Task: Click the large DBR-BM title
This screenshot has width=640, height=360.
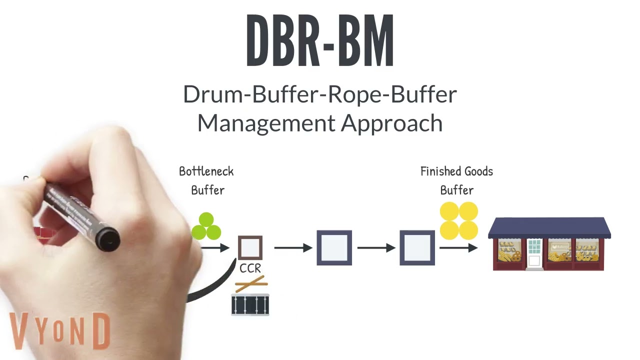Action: tap(320, 40)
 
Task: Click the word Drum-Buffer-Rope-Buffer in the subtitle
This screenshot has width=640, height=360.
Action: tap(320, 94)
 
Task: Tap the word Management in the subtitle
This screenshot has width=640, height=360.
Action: tap(266, 123)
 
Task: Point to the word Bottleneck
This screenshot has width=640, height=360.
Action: tap(206, 171)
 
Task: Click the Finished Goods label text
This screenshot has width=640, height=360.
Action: tap(456, 171)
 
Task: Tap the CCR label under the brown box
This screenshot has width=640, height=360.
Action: tap(250, 268)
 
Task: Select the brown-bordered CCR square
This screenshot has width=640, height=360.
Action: tap(250, 247)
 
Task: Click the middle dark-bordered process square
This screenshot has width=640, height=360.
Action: tap(334, 247)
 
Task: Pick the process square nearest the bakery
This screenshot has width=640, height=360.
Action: tap(417, 247)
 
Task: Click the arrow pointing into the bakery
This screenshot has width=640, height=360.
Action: tap(458, 247)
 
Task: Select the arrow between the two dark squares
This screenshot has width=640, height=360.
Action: tap(376, 247)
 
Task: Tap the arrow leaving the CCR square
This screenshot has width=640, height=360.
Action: tap(293, 247)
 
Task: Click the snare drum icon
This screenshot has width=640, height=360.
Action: tap(250, 304)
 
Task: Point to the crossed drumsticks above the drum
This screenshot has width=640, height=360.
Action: tap(251, 283)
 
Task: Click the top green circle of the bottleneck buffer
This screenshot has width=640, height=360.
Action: tap(206, 219)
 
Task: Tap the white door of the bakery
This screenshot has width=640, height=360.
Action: tap(534, 261)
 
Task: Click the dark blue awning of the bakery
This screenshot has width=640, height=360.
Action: tap(549, 227)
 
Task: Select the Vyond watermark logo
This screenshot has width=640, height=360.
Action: tap(60, 331)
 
